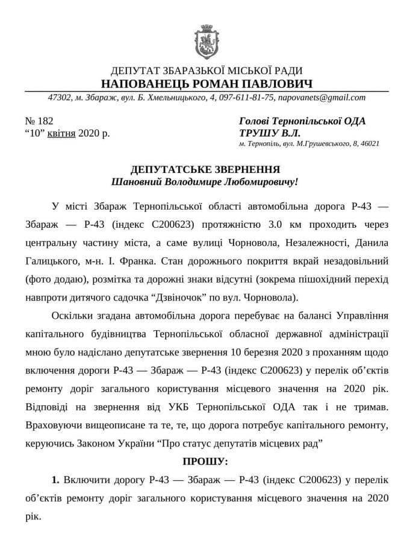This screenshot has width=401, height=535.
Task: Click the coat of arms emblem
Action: click(207, 42)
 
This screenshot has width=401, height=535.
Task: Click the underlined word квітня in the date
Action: click(62, 133)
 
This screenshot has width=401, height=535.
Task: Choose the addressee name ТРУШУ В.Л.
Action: click(270, 133)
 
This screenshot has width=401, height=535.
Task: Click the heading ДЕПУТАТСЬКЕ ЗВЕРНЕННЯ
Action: click(205, 169)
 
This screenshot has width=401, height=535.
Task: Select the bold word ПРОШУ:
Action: click(205, 462)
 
